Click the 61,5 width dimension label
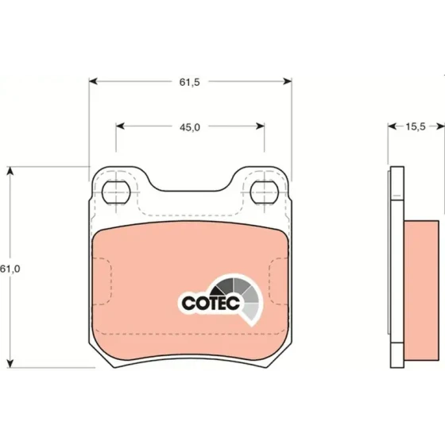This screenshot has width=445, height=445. click(190, 82)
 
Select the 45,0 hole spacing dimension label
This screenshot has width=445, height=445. click(190, 127)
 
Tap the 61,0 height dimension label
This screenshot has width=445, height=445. click(10, 269)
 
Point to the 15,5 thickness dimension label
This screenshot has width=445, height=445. click(415, 126)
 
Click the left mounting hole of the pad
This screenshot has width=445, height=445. click(116, 192)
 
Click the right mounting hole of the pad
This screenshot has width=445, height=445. click(264, 192)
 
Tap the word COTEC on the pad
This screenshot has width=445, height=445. click(211, 303)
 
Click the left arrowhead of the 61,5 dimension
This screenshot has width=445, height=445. click(94, 81)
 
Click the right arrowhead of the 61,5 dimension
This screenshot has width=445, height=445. click(288, 81)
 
